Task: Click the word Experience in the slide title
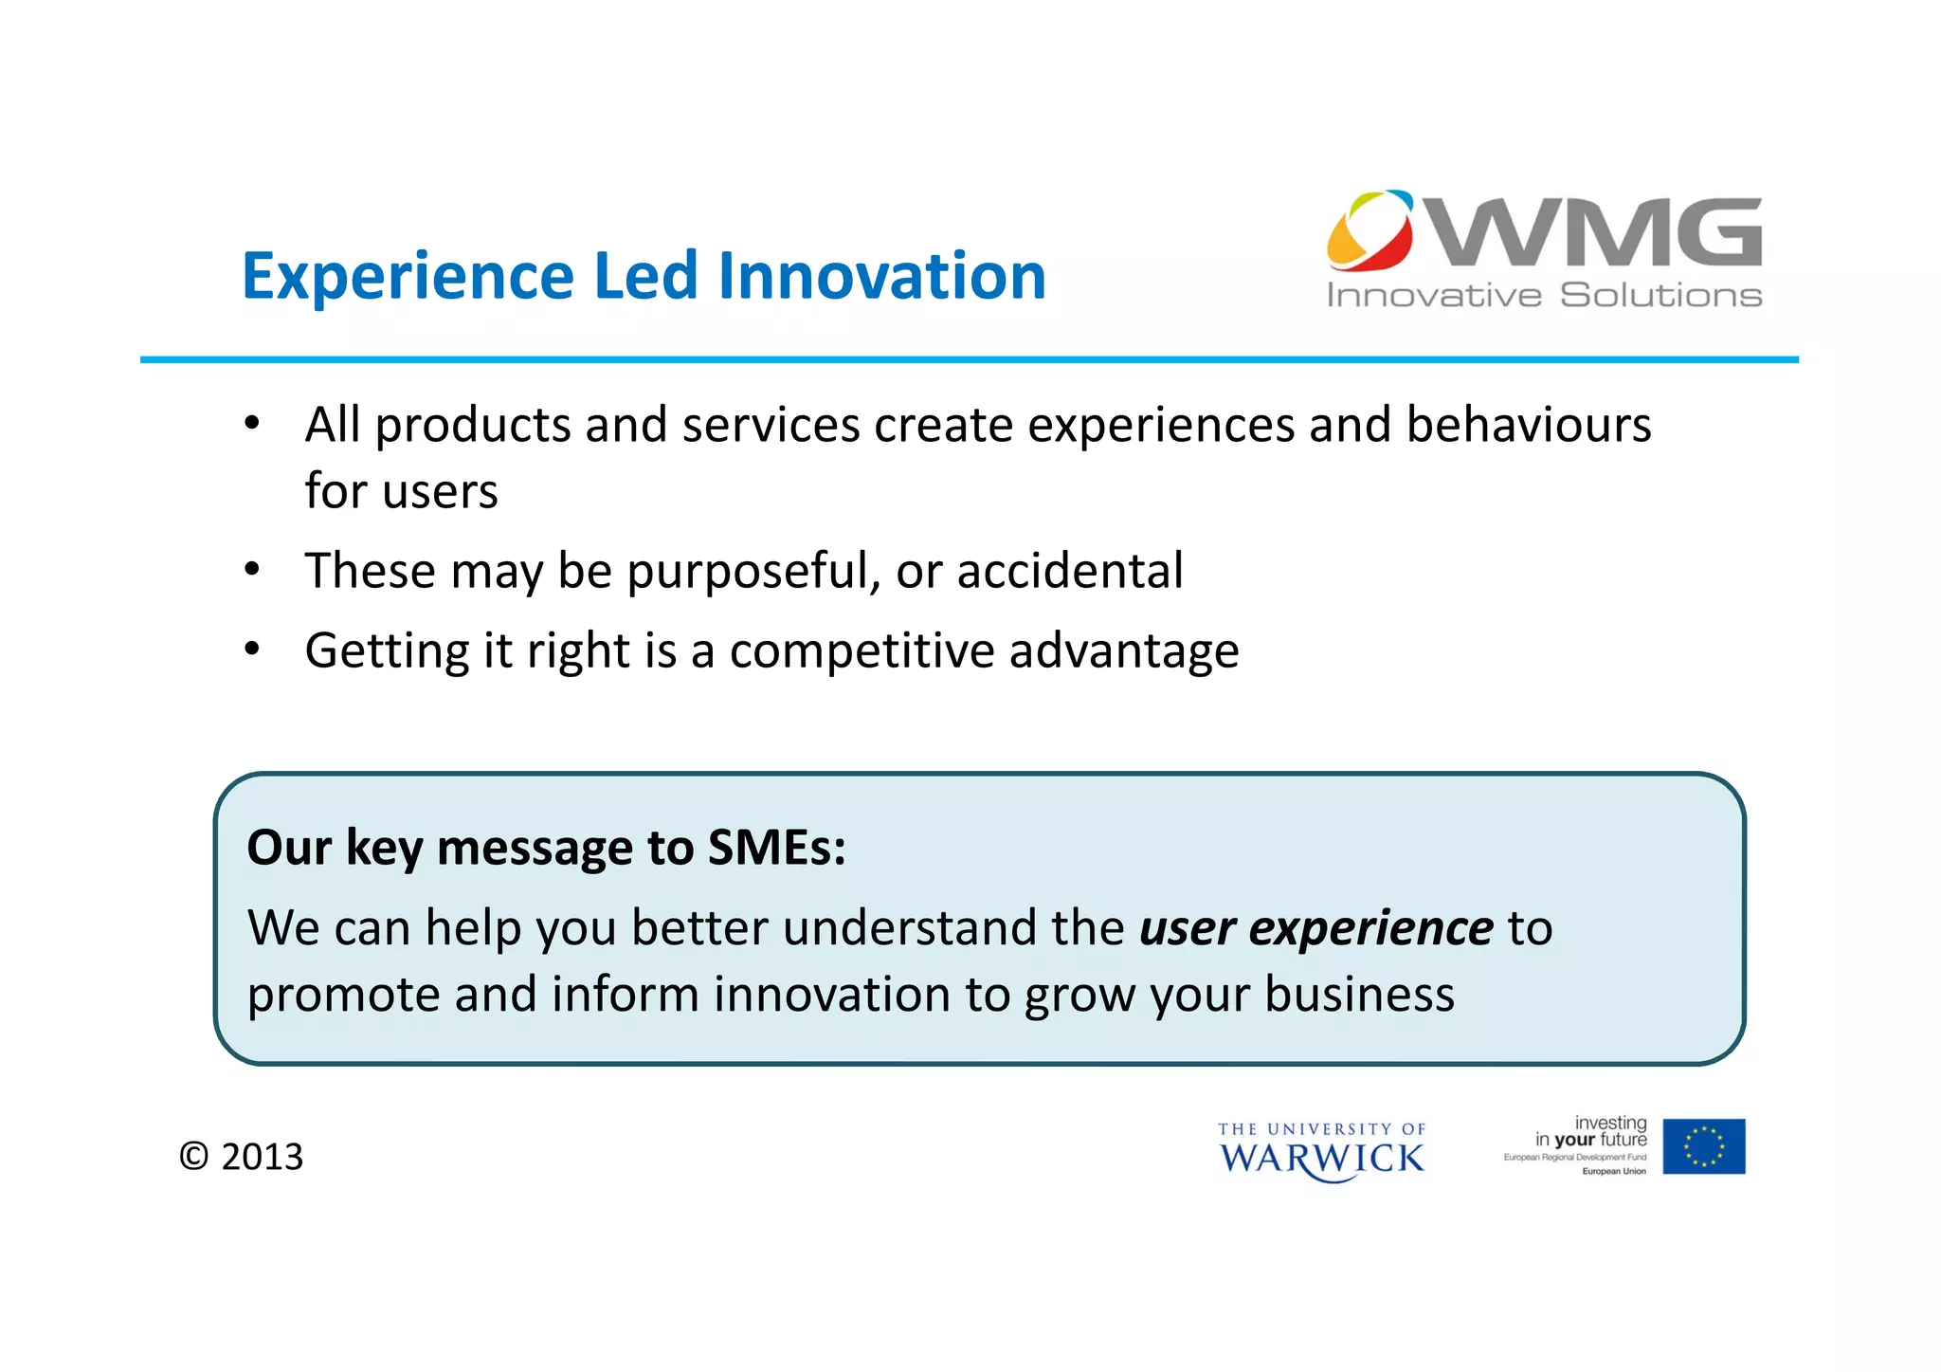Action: [408, 277]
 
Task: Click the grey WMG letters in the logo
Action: [1597, 232]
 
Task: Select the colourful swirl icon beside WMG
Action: [1370, 230]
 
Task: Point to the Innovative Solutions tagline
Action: [1544, 296]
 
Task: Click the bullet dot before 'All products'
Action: [251, 424]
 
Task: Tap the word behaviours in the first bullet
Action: [1528, 424]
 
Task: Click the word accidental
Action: [1069, 571]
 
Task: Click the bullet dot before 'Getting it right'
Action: [251, 650]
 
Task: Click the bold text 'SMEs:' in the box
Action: [776, 847]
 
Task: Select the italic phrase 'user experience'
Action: [1315, 927]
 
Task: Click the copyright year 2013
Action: [262, 1157]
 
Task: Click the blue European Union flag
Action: [1703, 1146]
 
